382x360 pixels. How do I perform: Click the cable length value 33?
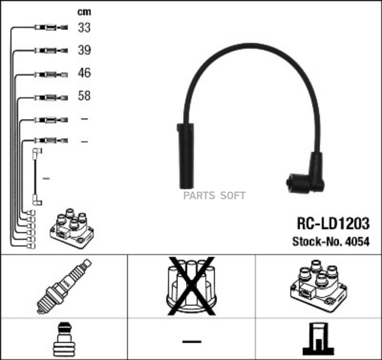[x=84, y=28]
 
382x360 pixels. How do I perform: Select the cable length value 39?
[x=84, y=51]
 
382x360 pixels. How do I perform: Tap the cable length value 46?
[x=84, y=73]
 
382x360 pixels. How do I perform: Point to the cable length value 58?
[x=84, y=96]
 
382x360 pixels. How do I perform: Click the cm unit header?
[x=84, y=12]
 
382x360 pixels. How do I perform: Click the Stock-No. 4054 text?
[x=331, y=242]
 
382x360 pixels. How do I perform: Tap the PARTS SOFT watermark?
[x=214, y=196]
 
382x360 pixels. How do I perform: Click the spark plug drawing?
[x=64, y=286]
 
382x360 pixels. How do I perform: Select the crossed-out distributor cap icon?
[x=191, y=285]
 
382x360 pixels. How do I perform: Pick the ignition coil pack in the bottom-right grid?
[x=318, y=285]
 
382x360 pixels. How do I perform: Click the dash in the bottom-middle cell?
[x=191, y=341]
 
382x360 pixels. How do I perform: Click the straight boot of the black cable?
[x=186, y=156]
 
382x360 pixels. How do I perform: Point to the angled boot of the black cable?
[x=308, y=178]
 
